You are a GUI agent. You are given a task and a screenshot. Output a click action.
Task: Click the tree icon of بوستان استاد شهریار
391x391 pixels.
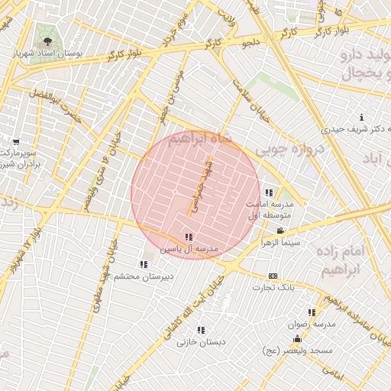[47, 41]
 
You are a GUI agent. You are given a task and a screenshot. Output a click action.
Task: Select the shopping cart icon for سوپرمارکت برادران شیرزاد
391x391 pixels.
[16, 141]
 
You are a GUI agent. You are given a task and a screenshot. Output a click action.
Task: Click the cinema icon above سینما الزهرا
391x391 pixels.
[280, 231]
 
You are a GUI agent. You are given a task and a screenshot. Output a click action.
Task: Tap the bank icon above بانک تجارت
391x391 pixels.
[273, 276]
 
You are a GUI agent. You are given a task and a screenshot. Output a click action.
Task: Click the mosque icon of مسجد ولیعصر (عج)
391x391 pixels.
[297, 338]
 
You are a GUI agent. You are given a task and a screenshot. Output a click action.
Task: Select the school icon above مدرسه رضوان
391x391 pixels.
[311, 312]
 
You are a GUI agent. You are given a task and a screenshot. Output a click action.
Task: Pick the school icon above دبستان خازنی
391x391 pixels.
[201, 330]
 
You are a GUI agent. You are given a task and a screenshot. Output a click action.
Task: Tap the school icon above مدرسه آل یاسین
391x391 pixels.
[189, 237]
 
